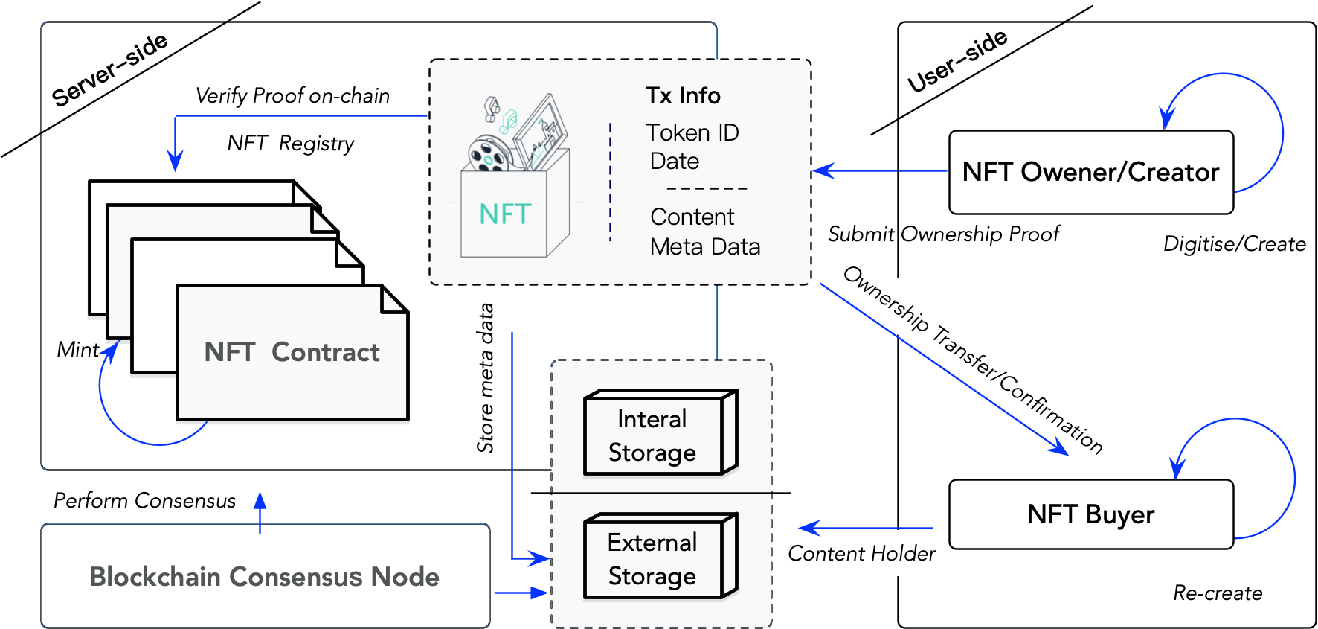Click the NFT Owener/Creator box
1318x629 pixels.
pos(1090,172)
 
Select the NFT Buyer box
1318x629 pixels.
pos(1090,514)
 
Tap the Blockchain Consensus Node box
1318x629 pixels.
pos(265,576)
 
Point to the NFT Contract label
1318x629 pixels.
pos(292,352)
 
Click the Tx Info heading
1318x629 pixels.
pos(683,95)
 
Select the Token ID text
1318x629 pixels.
pos(692,132)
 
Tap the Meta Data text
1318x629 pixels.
pos(705,246)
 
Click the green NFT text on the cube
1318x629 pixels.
pos(505,214)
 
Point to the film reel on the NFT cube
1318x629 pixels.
pos(488,154)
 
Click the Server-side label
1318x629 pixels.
pos(109,70)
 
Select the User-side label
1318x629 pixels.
pos(957,61)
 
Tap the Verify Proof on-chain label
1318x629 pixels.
pos(292,95)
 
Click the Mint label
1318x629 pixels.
pos(77,349)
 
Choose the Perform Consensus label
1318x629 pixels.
pos(144,500)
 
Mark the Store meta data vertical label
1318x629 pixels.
pos(485,377)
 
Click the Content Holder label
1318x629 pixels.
pos(861,553)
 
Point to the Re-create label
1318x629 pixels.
pos(1218,593)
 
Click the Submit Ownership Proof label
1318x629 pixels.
pos(943,234)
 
